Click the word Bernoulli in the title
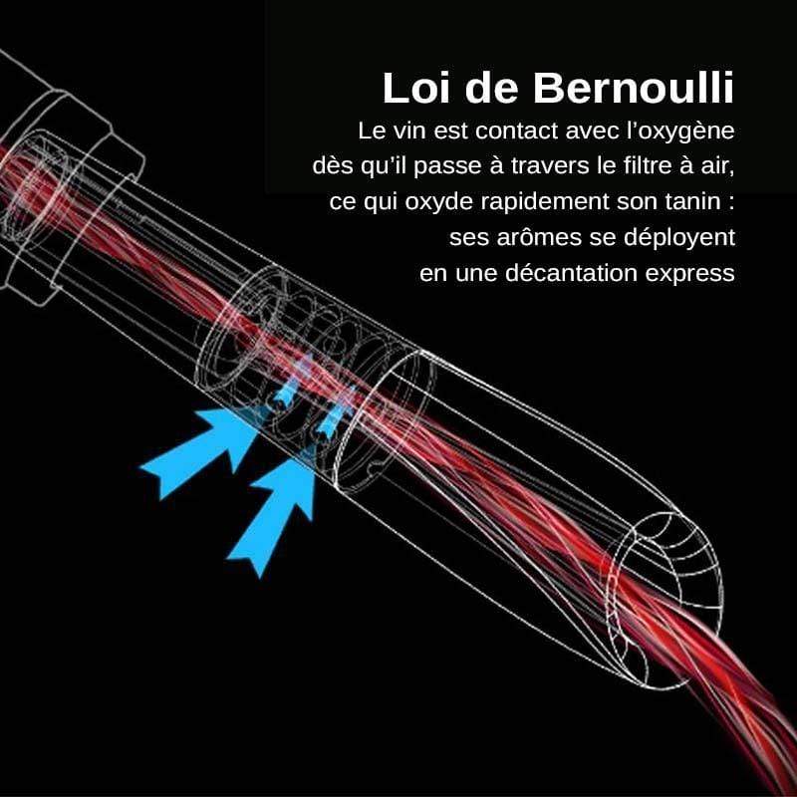pos(634,88)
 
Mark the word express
pos(698,271)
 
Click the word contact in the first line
pos(498,131)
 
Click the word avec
pos(568,131)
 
